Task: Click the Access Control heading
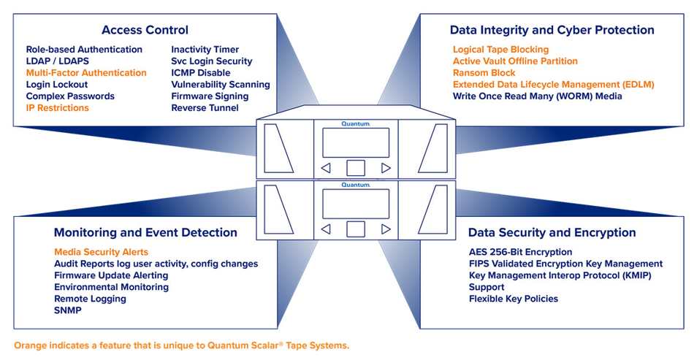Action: coord(145,30)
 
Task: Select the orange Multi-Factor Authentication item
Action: coord(86,73)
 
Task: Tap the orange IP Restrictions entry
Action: coord(58,108)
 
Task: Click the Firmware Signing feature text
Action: coord(210,96)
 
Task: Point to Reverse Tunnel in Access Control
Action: coord(205,108)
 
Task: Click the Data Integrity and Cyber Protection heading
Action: coord(552,30)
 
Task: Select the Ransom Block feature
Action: coord(484,73)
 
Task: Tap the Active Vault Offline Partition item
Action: coord(515,61)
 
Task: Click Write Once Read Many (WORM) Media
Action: coord(537,96)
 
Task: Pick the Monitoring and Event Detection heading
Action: coord(145,233)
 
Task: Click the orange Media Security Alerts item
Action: coord(101,252)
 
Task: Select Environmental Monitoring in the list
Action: coord(111,287)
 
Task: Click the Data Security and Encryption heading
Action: coord(552,233)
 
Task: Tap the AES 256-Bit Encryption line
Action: coord(520,252)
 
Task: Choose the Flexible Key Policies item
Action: coord(513,299)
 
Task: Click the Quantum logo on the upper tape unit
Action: coord(356,124)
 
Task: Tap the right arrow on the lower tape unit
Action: coord(386,229)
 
